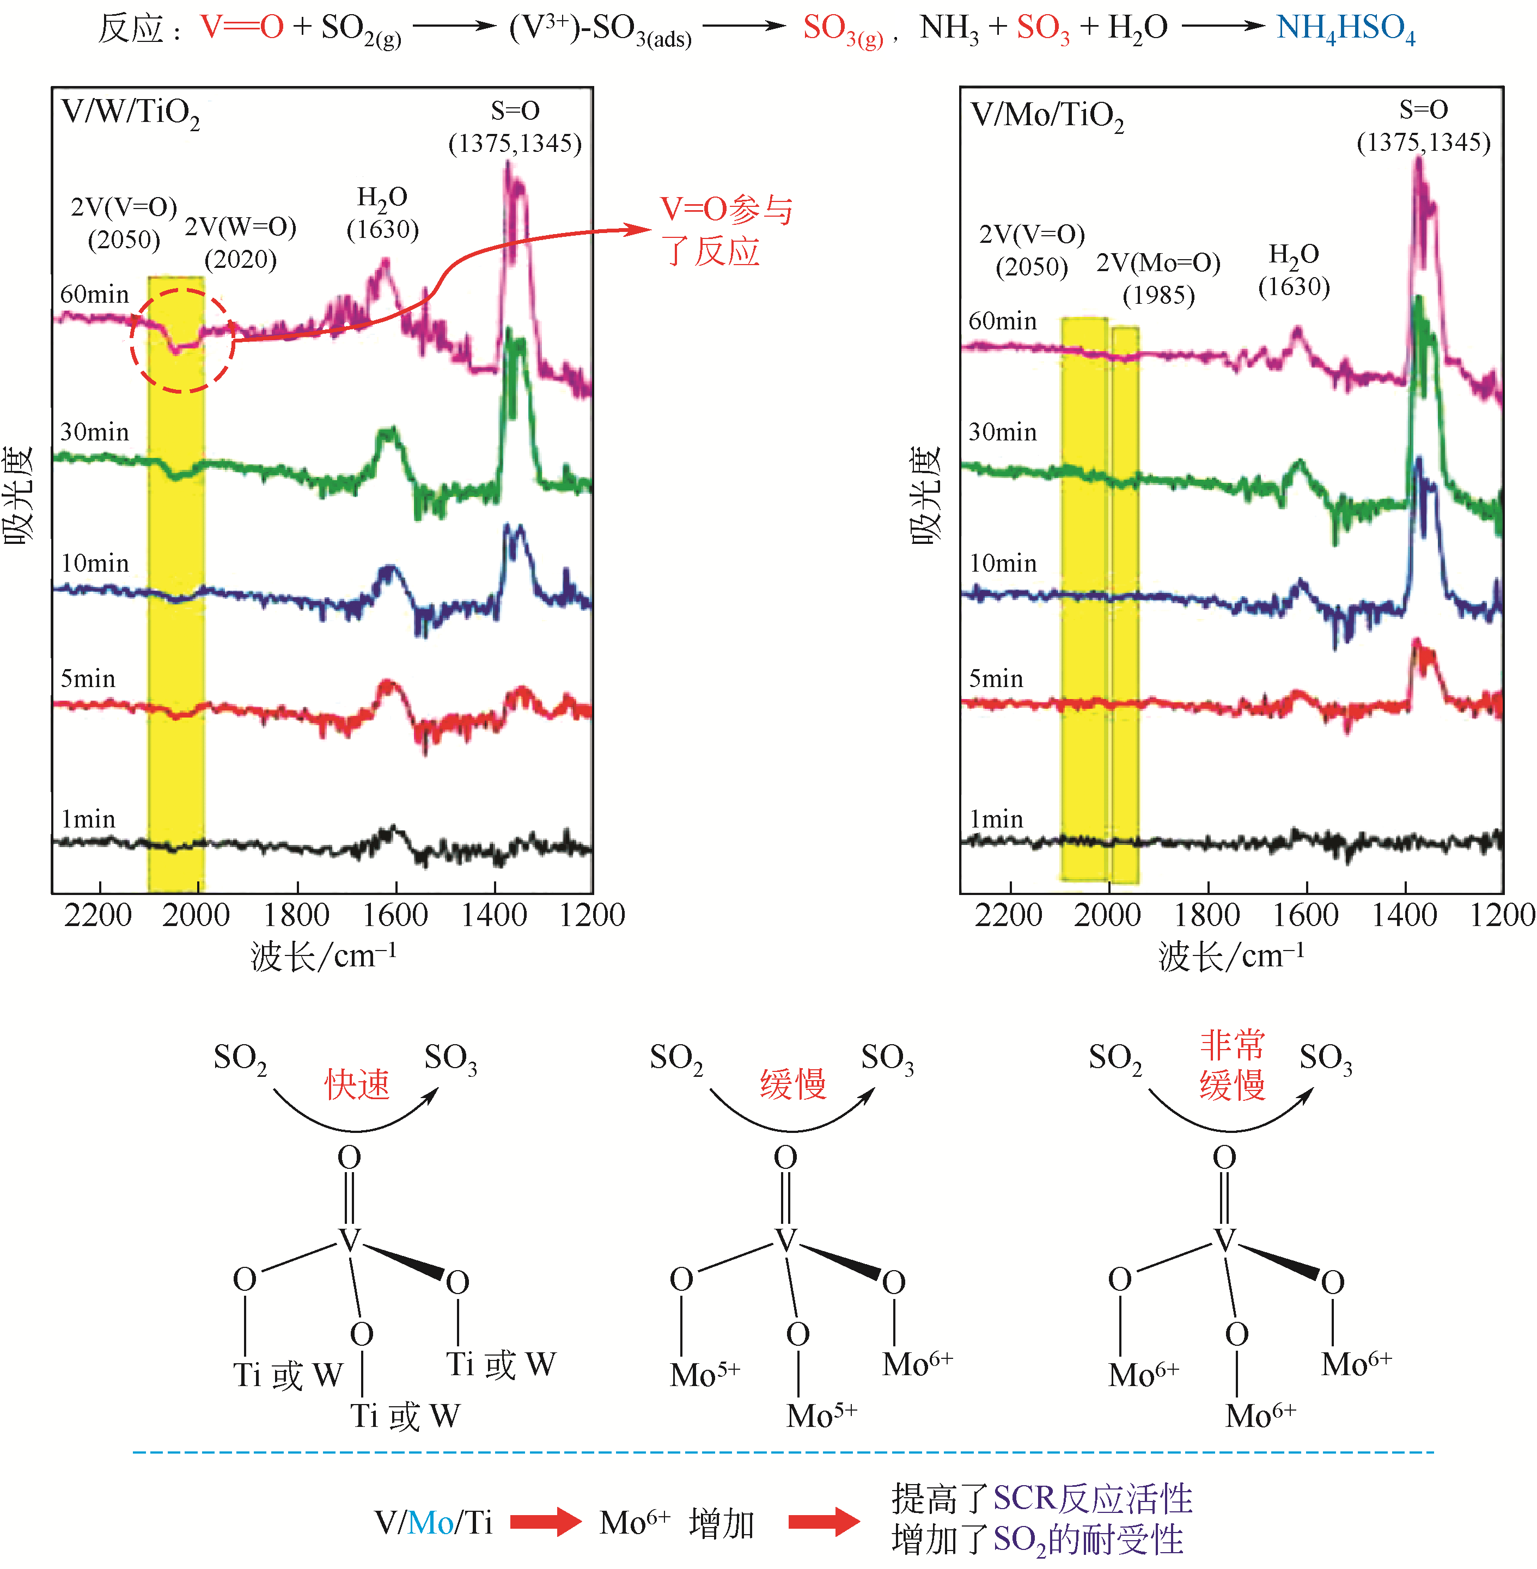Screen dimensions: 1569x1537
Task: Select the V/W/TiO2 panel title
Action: pos(130,113)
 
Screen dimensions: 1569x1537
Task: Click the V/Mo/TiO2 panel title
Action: pos(1046,116)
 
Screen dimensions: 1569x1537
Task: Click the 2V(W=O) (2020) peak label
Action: pos(241,242)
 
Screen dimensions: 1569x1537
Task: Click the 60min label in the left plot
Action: pos(94,295)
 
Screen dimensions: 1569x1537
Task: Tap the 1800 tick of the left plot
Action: pos(296,915)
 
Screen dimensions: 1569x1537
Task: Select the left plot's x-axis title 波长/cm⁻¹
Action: pos(323,957)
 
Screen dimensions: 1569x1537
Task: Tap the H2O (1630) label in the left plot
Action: pos(383,213)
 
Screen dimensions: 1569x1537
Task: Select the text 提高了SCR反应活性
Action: pos(1041,1499)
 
